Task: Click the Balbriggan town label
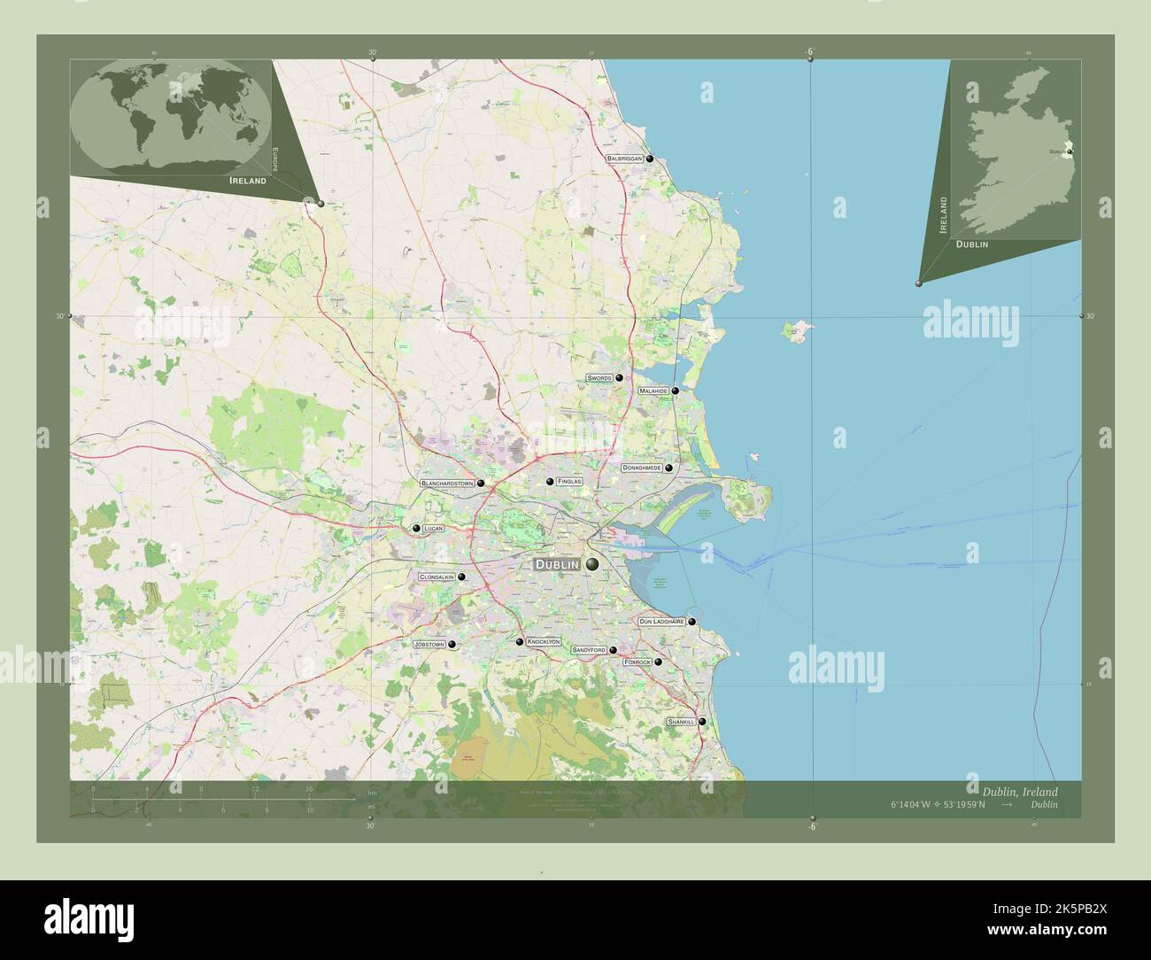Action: coord(625,159)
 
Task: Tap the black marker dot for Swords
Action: coord(620,378)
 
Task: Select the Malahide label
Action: coord(653,391)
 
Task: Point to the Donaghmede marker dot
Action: coord(669,468)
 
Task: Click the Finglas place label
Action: coord(570,481)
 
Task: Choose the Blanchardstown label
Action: coord(447,484)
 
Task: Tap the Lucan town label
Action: coord(433,529)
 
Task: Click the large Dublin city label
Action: coord(556,564)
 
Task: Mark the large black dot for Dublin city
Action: coord(591,563)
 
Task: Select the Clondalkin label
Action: coord(436,577)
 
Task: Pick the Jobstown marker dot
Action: coord(452,645)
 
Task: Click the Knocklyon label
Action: coord(544,641)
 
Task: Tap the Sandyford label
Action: coord(589,650)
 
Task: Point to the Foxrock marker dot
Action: coord(658,662)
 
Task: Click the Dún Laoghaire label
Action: coord(661,622)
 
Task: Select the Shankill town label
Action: coord(682,723)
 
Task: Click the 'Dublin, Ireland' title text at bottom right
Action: coord(1019,791)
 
